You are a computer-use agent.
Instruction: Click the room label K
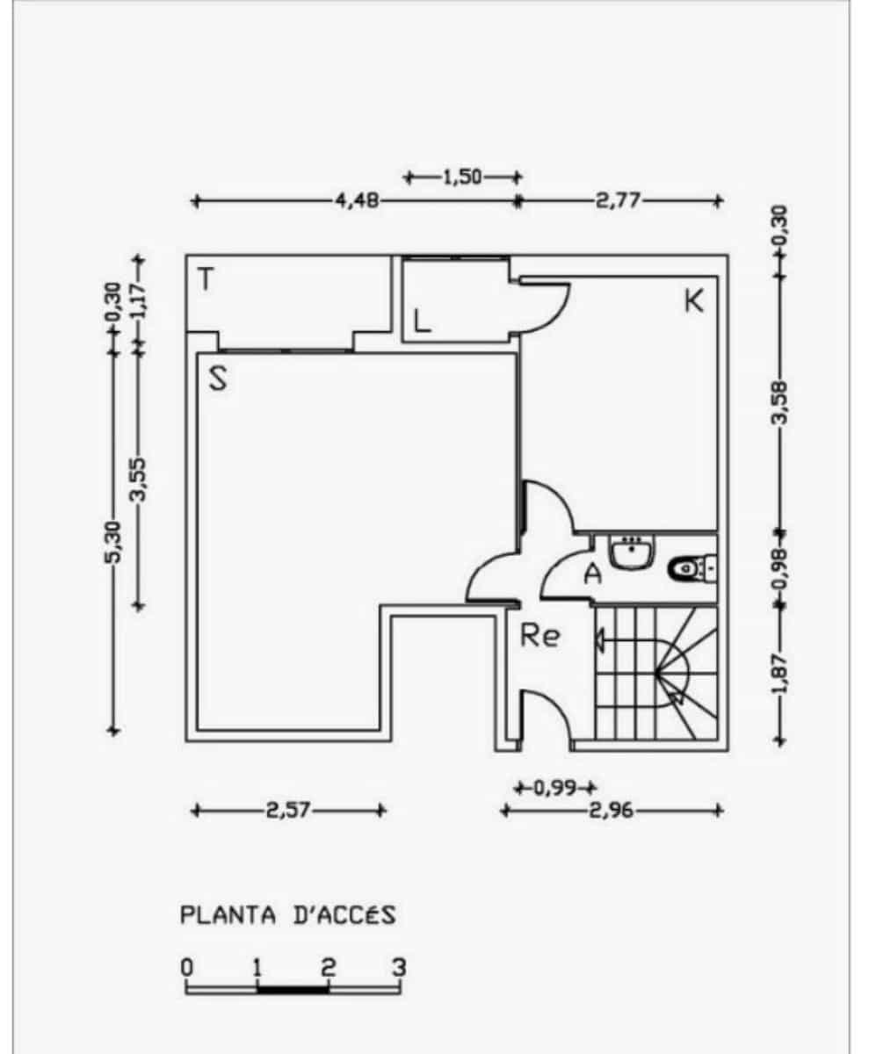click(x=693, y=301)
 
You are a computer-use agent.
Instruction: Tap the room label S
click(x=218, y=378)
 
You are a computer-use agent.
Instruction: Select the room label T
click(x=206, y=279)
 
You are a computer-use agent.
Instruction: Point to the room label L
click(x=422, y=321)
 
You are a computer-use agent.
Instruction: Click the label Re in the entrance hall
click(x=540, y=636)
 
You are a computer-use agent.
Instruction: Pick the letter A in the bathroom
click(x=593, y=574)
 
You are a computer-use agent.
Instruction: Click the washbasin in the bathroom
click(x=632, y=552)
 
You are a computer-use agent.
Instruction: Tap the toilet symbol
click(x=692, y=569)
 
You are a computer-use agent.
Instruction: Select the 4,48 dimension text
click(x=357, y=201)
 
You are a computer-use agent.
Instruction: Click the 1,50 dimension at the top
click(x=462, y=177)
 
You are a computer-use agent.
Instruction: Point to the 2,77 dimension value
click(x=618, y=201)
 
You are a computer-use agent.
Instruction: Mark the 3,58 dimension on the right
click(x=780, y=404)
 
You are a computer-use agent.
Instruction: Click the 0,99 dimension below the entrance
click(x=555, y=788)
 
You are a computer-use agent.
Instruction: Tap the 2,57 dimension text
click(x=288, y=812)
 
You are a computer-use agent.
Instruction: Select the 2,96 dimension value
click(x=611, y=812)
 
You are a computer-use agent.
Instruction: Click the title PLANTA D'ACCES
click(x=288, y=915)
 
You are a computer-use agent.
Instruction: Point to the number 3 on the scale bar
click(x=399, y=968)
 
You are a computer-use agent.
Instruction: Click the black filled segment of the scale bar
click(x=293, y=990)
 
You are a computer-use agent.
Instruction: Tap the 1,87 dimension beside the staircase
click(x=780, y=675)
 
